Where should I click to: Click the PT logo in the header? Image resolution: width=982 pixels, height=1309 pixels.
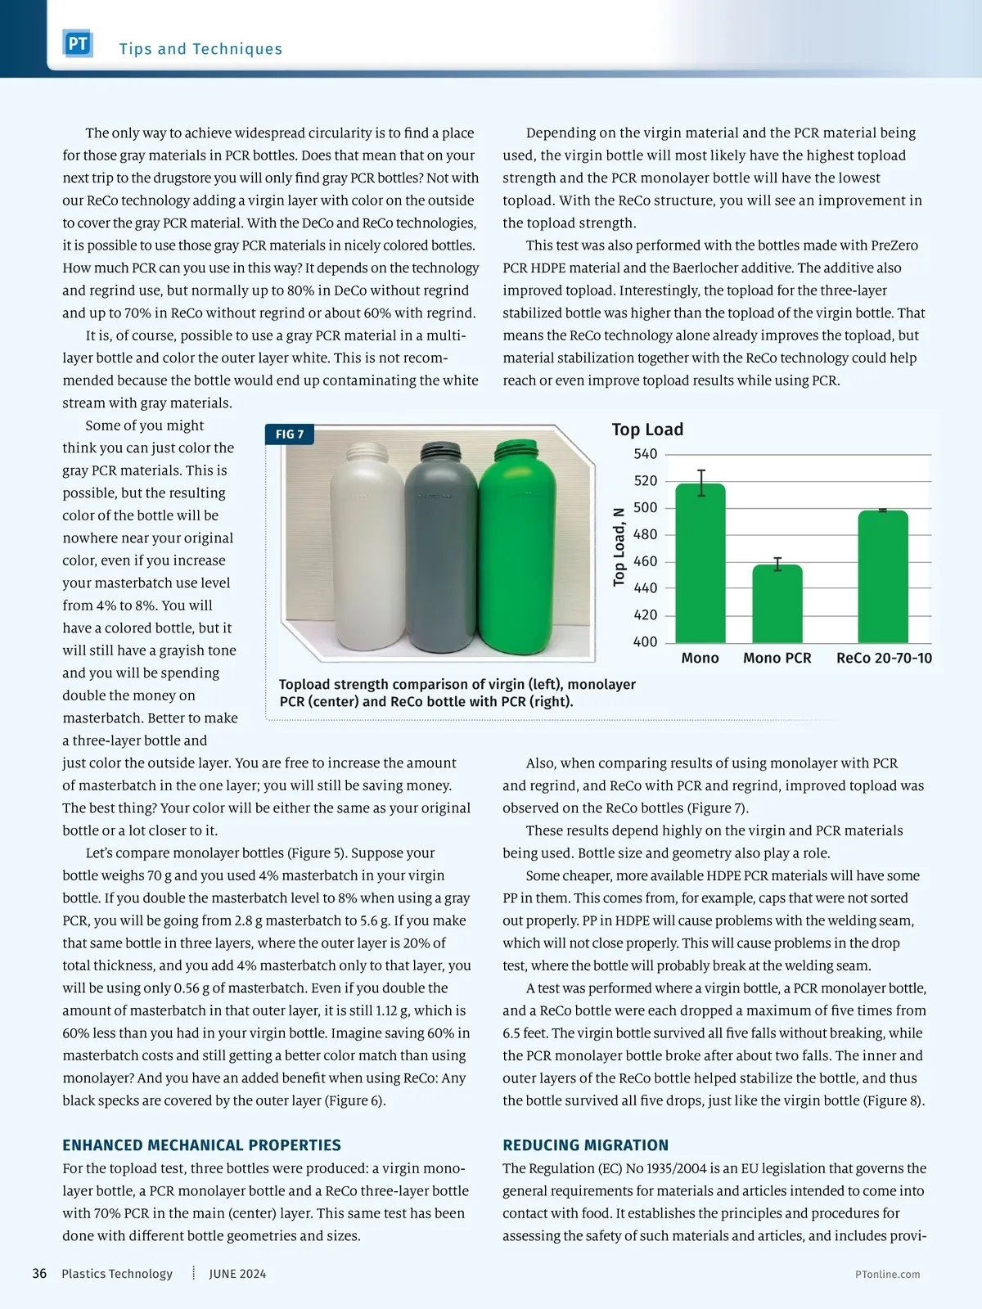coord(78,43)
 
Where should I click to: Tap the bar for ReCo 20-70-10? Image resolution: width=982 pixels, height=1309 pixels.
coord(883,577)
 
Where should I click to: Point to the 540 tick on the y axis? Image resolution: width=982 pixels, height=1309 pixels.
coord(645,454)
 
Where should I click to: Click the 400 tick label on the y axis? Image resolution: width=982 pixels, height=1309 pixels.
coord(645,642)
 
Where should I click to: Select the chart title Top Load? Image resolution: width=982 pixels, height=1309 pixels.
coord(647,430)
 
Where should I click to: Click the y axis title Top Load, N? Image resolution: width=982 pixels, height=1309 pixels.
coord(619,547)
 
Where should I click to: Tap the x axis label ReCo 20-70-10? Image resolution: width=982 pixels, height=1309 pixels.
coord(884,658)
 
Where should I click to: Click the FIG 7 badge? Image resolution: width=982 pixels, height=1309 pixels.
coord(290,434)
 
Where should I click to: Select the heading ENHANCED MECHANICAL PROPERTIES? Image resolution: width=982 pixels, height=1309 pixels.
coord(201,1145)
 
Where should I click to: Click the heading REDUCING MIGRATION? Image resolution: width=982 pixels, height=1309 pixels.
coord(585,1145)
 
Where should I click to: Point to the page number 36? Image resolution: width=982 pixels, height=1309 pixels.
coord(39,1274)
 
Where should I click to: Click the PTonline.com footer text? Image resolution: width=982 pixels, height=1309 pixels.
coord(887,1274)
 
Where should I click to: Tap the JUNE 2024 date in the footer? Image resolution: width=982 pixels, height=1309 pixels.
coord(237,1274)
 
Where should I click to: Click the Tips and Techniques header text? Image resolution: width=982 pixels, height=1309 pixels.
coord(200,49)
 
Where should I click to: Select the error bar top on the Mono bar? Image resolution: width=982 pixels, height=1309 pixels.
coord(701,470)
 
